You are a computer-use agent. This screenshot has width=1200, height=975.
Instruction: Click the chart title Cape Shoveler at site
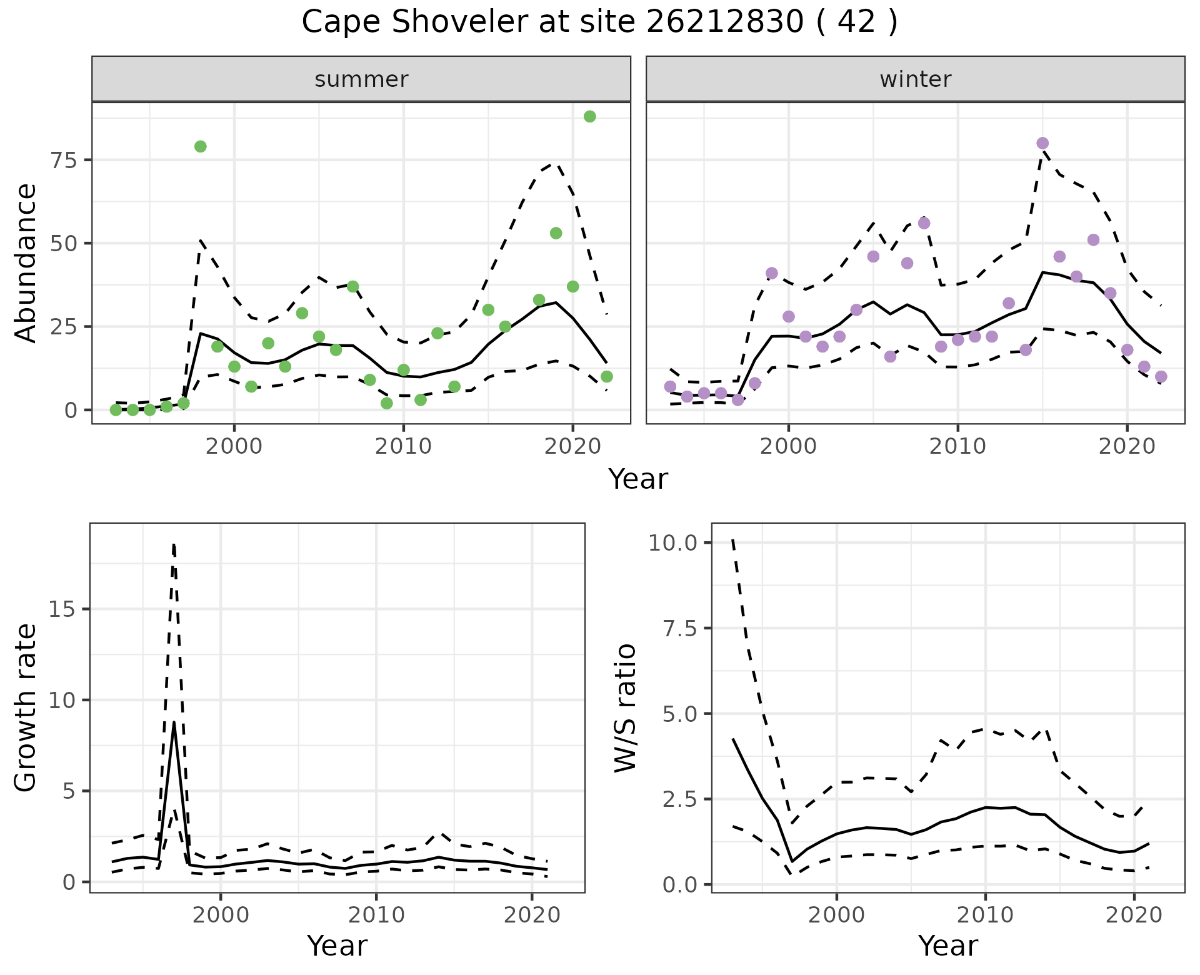tap(599, 22)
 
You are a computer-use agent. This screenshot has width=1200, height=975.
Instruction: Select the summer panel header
tap(361, 79)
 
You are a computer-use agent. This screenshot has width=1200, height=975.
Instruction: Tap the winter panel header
tap(915, 79)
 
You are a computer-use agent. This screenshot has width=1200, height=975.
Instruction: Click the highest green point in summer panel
tap(589, 117)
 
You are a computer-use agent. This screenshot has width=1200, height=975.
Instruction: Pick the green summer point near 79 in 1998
tap(201, 146)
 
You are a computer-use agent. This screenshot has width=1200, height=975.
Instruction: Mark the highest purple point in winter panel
tap(1042, 143)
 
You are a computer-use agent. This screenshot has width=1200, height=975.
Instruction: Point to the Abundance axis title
tap(26, 262)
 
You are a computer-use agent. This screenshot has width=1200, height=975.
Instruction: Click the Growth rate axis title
tap(26, 708)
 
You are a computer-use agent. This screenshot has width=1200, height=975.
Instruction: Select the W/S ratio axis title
tap(625, 708)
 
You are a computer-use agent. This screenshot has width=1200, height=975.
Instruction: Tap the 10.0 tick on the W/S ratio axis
tap(673, 542)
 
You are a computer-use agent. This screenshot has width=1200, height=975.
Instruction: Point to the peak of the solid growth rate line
tap(174, 722)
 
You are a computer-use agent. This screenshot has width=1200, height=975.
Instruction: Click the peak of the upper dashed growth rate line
tap(174, 545)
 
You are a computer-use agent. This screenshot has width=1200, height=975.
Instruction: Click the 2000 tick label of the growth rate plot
tap(221, 916)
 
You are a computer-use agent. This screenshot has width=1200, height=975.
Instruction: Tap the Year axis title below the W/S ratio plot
tap(947, 946)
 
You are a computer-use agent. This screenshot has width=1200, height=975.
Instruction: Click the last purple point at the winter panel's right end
tap(1161, 376)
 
